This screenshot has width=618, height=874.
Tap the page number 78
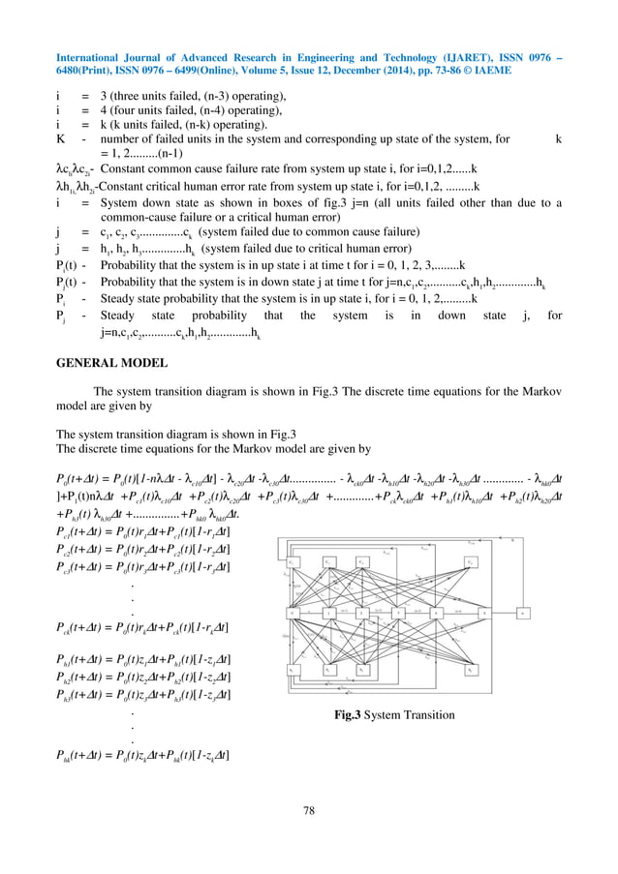309,810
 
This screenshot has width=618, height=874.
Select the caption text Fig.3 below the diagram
341,716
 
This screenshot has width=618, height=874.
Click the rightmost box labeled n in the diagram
522,613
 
